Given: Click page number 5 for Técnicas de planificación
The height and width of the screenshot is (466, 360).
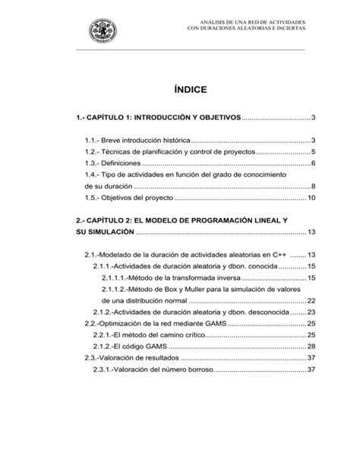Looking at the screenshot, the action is click(313, 152).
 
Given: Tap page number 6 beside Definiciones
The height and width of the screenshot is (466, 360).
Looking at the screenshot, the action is click(313, 163).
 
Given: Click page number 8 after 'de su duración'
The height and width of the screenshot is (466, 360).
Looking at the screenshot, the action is click(313, 187).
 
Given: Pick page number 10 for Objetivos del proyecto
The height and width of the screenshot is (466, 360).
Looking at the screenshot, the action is click(311, 198).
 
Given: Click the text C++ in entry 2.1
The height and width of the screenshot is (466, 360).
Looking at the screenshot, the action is click(279, 254).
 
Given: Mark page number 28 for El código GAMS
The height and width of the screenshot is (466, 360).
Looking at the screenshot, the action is click(311, 346).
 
